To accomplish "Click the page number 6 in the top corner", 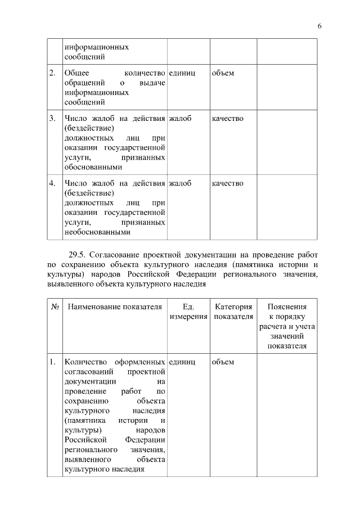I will (x=319, y=26).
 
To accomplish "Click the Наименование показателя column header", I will (x=114, y=307).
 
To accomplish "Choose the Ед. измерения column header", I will (x=188, y=312).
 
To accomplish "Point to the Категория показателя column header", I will (x=233, y=312).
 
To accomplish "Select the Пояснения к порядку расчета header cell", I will (x=287, y=326).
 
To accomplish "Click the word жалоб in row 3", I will (x=179, y=119).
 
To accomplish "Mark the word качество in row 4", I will (x=227, y=183).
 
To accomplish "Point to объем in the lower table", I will (x=223, y=362).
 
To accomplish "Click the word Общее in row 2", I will (x=76, y=74).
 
